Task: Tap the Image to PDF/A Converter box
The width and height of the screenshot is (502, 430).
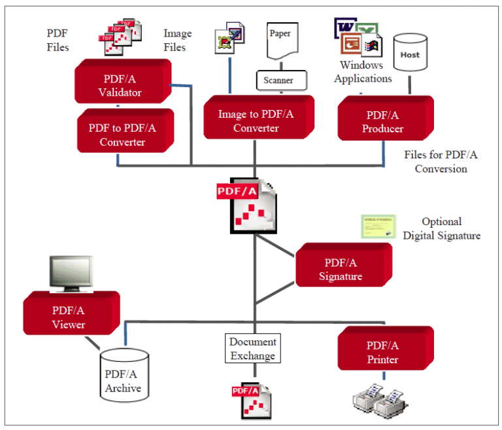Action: tap(256, 121)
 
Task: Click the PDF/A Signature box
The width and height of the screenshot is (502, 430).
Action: tap(341, 269)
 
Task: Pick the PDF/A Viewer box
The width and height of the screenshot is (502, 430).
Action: tap(69, 317)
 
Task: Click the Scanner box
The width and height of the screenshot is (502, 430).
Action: tap(278, 81)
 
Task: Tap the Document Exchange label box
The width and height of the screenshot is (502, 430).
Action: tap(253, 349)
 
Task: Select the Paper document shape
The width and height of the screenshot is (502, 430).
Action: tap(280, 41)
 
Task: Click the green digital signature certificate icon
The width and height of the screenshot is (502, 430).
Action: tap(378, 227)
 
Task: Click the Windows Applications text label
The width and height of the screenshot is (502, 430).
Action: tap(363, 72)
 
